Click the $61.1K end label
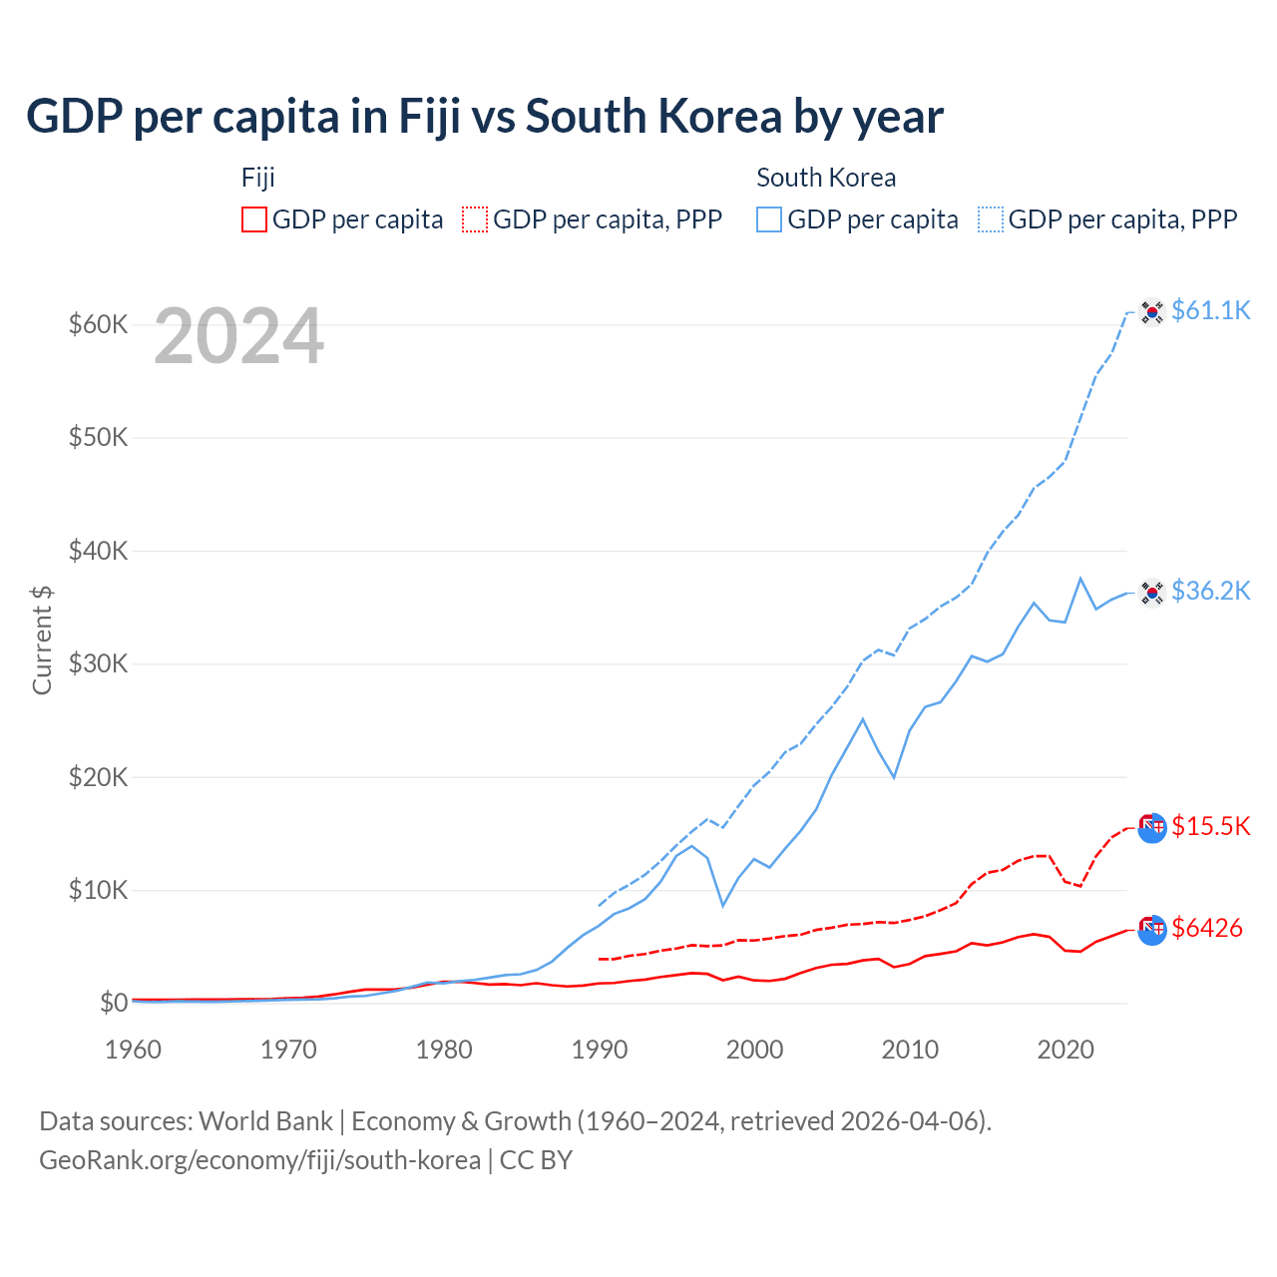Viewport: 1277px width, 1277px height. tap(1210, 310)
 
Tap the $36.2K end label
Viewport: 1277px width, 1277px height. tap(1210, 591)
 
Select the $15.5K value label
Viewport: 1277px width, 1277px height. tap(1210, 826)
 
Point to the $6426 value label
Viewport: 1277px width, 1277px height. tap(1207, 928)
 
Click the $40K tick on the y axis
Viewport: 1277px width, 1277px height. tap(98, 551)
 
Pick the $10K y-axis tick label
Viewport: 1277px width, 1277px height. tap(98, 890)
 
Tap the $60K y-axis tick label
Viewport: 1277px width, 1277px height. tap(98, 324)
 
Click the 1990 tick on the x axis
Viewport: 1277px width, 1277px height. tap(600, 1050)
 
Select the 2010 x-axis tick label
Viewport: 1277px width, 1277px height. tap(910, 1050)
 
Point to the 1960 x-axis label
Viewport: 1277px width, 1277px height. tap(134, 1050)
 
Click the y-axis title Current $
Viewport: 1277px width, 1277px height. tap(42, 639)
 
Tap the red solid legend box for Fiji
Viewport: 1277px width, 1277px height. tap(254, 219)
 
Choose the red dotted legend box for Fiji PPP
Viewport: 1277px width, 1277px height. tap(475, 219)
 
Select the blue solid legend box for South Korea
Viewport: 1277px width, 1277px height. tap(769, 219)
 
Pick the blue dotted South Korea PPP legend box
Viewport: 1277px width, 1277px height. tap(991, 219)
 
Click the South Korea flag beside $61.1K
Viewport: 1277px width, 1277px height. tap(1152, 312)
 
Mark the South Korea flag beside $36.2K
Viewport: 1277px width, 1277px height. tap(1152, 593)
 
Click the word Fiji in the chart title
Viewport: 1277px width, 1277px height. tap(430, 117)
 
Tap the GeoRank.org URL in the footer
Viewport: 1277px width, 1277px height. tap(259, 1160)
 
